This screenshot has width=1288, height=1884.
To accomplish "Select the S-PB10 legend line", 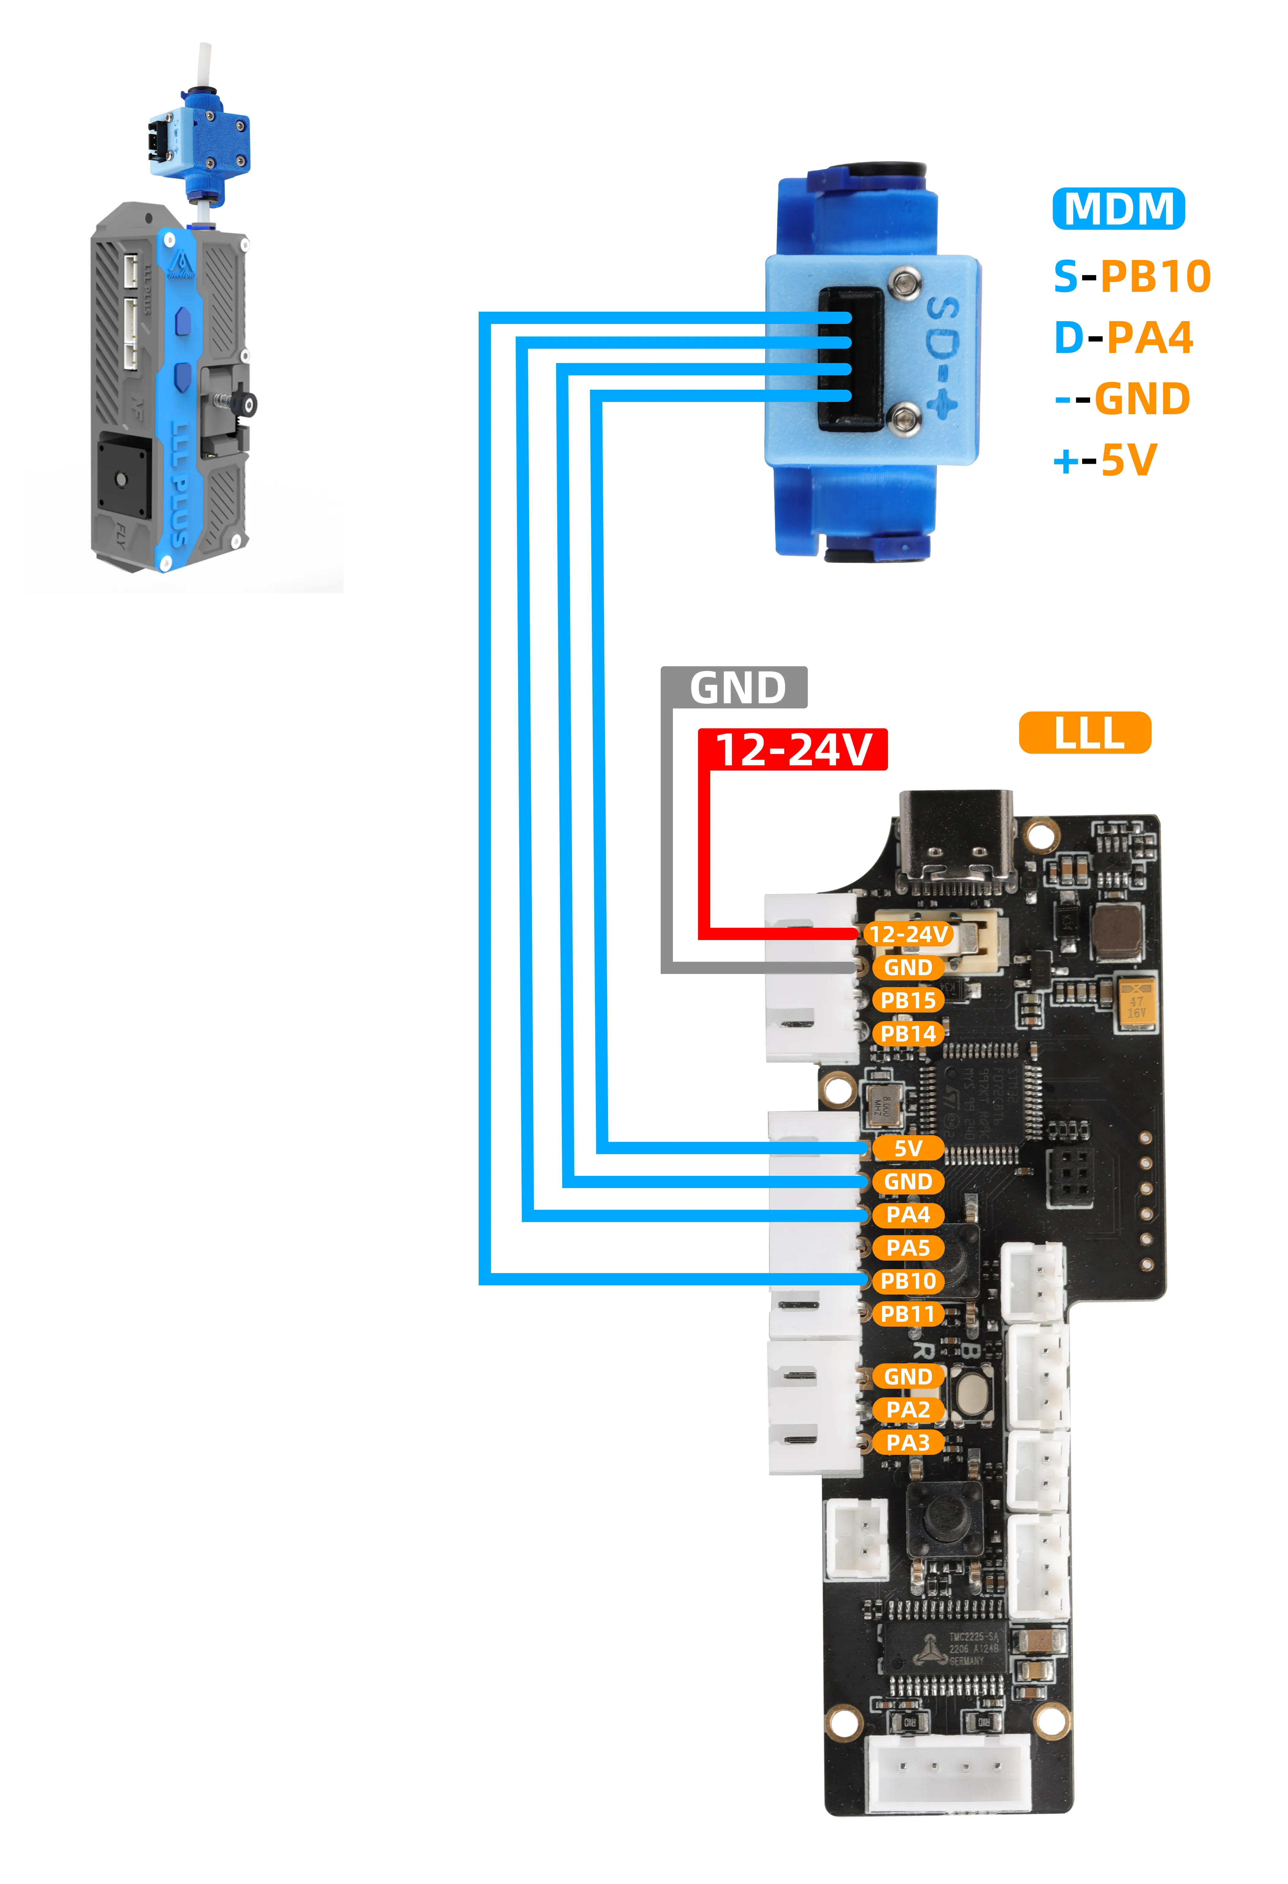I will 1132,277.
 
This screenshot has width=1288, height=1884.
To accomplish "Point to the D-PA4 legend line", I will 1123,337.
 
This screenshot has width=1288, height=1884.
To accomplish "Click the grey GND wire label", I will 734,687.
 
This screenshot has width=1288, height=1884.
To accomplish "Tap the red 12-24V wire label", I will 793,749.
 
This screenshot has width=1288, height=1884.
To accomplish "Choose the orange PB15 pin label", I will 908,1000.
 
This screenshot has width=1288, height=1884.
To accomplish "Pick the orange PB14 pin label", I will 908,1034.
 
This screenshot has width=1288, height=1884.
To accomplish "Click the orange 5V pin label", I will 908,1148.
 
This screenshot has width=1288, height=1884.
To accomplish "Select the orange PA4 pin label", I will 908,1214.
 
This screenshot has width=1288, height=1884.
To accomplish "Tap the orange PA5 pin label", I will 908,1248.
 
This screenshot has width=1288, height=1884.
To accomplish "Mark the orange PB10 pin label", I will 908,1281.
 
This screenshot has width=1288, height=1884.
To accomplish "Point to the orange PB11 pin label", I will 908,1314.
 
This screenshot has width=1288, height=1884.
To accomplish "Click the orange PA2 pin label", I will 908,1410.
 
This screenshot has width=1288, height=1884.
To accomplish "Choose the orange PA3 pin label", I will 908,1443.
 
